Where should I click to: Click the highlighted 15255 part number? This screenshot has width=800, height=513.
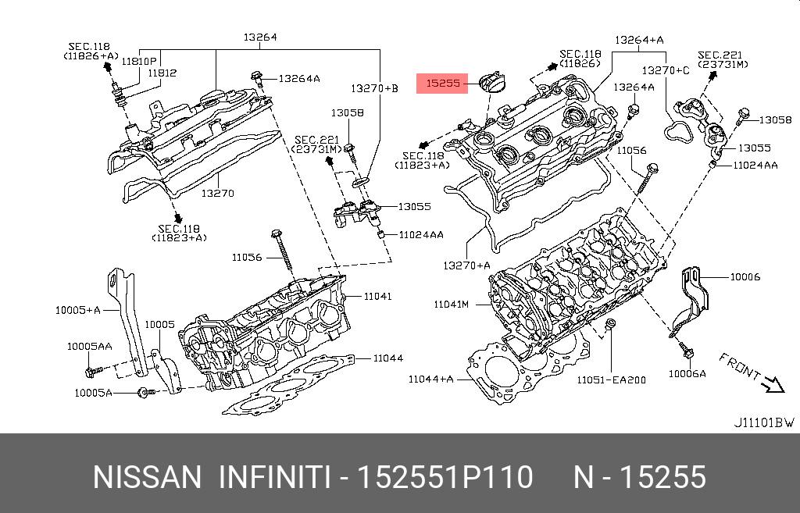click(442, 82)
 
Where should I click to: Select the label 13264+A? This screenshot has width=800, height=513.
click(639, 39)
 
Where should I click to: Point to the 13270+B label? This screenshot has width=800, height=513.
click(373, 88)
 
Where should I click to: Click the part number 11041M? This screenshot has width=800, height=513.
click(452, 303)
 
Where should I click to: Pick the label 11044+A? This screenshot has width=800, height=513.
click(430, 379)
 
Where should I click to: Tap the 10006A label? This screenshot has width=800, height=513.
click(687, 374)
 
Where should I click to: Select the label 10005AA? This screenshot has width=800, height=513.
click(89, 346)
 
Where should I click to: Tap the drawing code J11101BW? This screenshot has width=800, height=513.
click(763, 422)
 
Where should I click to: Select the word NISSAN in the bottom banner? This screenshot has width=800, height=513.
click(147, 476)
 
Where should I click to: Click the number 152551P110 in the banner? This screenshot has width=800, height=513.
click(445, 476)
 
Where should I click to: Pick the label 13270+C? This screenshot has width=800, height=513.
click(666, 70)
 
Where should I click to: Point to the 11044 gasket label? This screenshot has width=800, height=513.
click(387, 358)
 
